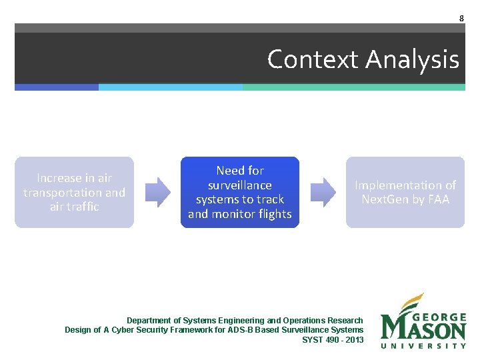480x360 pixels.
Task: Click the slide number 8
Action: tap(461, 19)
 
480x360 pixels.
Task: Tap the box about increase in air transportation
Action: tap(74, 192)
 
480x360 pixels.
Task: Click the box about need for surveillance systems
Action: tap(240, 192)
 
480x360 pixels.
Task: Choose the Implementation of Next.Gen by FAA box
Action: tap(405, 192)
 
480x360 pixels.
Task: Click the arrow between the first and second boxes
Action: tap(157, 192)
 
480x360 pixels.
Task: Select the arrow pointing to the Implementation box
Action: tap(323, 192)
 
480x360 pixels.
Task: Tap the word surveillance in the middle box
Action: tap(240, 185)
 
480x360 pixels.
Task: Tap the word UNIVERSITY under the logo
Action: tap(424, 345)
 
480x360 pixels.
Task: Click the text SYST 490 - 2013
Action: tap(333, 339)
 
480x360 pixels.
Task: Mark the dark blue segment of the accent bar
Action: tap(57, 87)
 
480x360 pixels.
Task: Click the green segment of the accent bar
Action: tap(353, 87)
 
